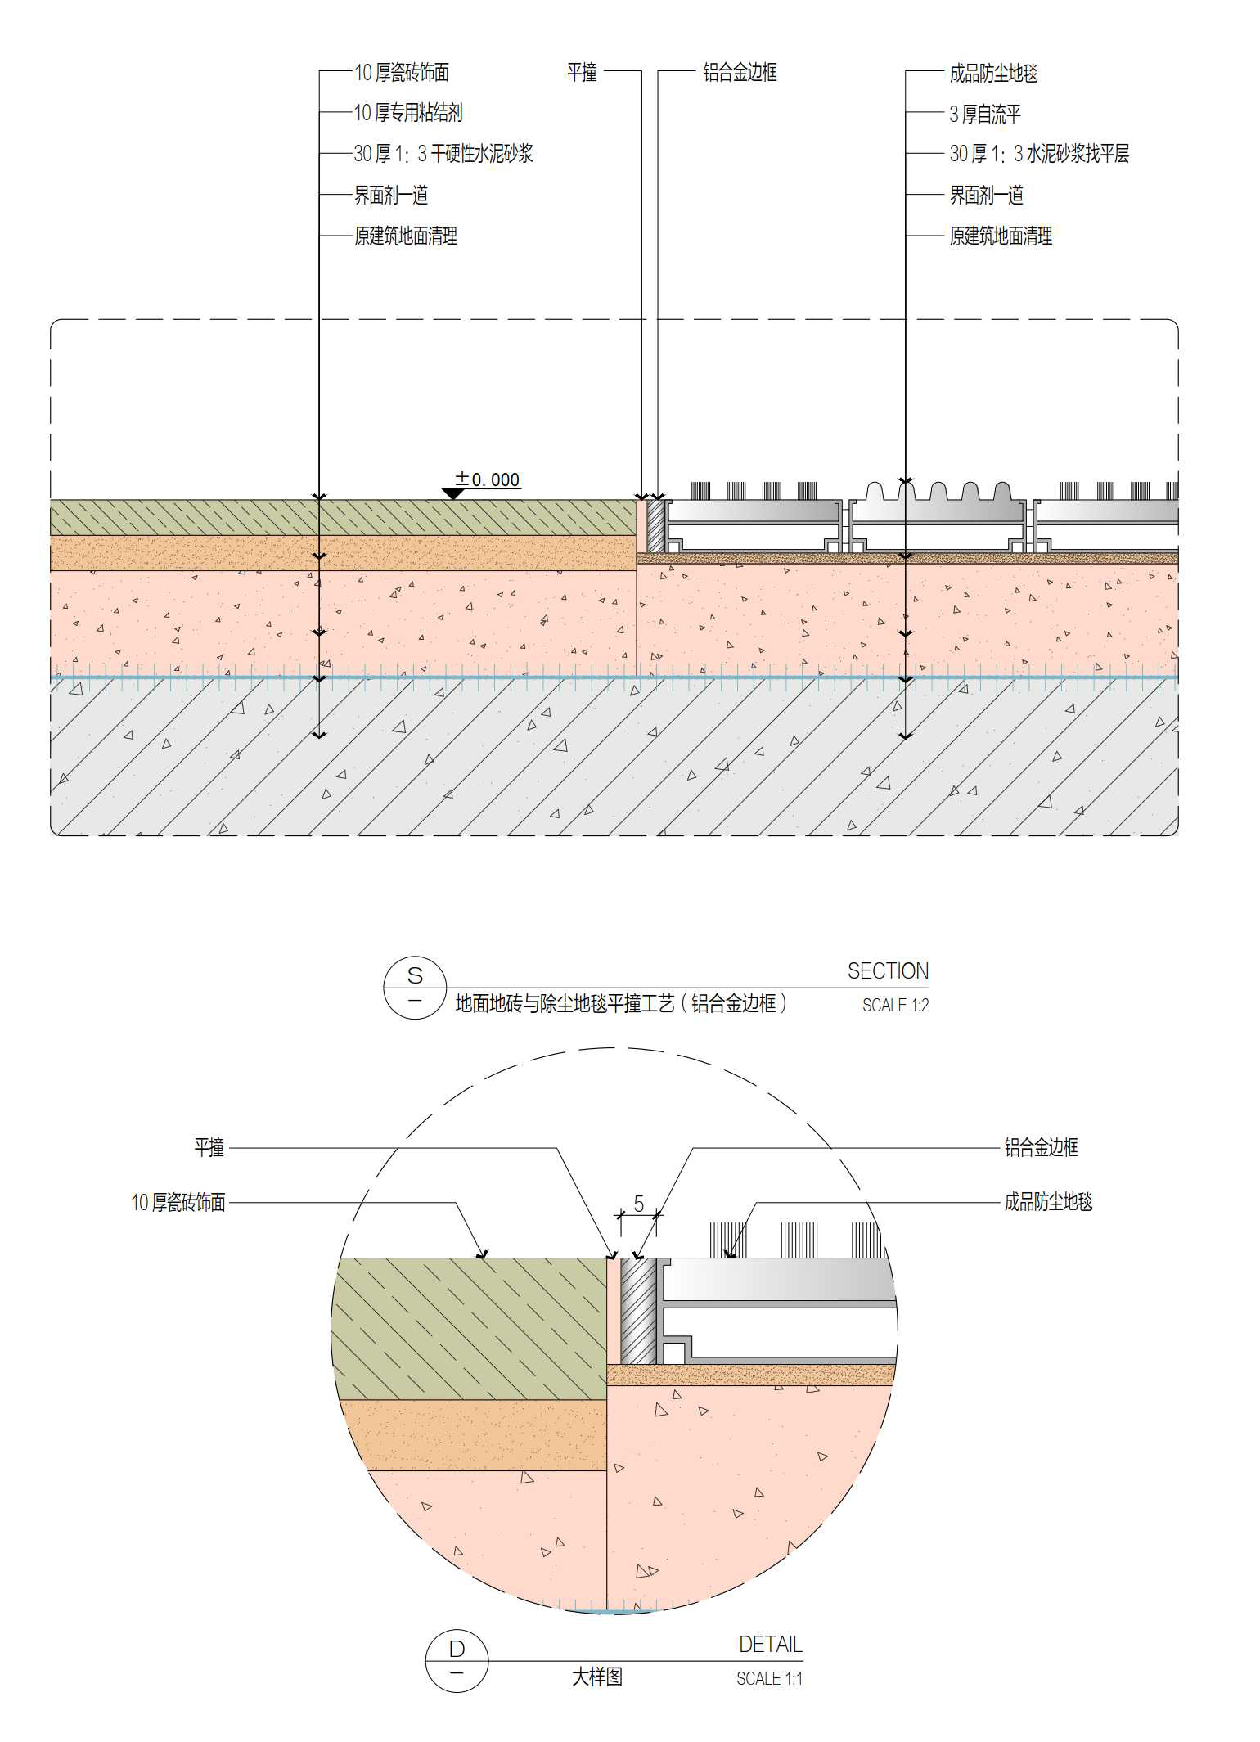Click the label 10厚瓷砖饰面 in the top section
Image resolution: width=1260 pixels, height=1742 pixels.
point(401,73)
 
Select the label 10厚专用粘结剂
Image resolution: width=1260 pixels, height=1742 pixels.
point(407,113)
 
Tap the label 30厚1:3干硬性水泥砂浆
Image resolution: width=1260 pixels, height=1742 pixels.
point(443,154)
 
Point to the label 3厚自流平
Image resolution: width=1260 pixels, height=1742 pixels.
point(984,114)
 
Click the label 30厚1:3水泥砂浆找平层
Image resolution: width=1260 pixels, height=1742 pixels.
point(1038,154)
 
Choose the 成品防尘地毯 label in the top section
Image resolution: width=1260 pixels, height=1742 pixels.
point(992,74)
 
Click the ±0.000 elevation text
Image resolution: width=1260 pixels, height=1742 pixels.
point(488,479)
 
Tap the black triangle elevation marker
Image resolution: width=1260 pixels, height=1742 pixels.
point(453,493)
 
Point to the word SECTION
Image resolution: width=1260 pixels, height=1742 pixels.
point(888,971)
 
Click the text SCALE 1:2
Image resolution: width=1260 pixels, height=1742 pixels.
point(895,1005)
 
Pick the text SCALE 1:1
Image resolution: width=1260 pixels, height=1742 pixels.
point(769,1678)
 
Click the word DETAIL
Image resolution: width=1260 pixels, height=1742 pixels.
point(770,1645)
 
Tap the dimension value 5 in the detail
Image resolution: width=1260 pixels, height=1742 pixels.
point(639,1204)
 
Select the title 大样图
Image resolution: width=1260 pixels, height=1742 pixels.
point(596,1677)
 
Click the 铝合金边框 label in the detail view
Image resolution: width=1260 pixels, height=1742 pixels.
point(1041,1147)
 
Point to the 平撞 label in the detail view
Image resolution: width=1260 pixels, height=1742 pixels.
point(209,1147)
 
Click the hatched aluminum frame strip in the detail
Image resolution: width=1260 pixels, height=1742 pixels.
point(638,1310)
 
